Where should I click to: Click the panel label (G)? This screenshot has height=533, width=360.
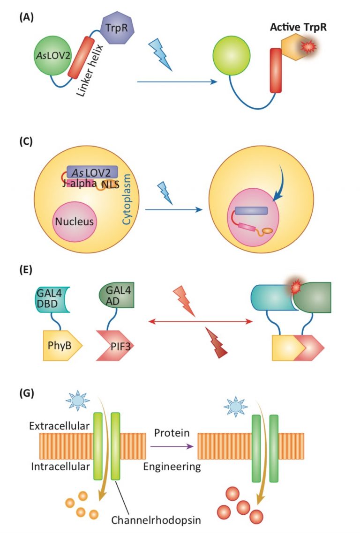click(x=26, y=392)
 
